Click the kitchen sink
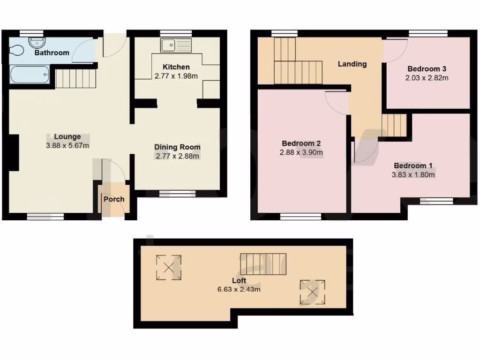tap(176, 45)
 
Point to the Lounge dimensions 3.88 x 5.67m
tap(67, 145)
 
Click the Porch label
tap(114, 199)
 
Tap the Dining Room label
tap(177, 147)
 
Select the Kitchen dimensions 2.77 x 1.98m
tap(176, 75)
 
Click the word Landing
tap(352, 64)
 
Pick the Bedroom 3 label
tap(427, 69)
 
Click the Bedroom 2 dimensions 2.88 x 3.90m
tap(301, 152)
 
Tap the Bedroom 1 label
tap(413, 165)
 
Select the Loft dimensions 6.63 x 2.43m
tap(239, 289)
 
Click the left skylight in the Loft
tap(169, 267)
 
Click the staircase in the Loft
tap(263, 263)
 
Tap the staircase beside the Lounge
tap(75, 78)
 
